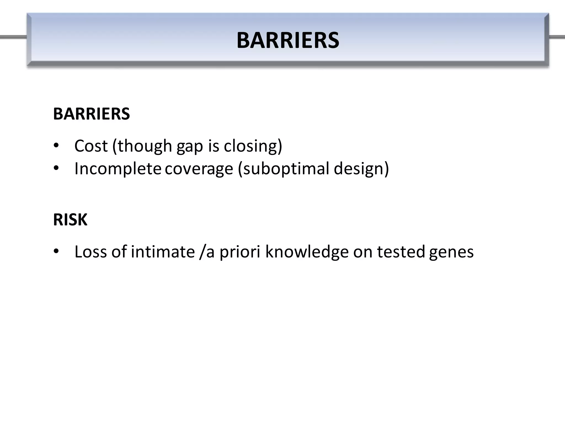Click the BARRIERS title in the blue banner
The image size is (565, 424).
[x=288, y=40]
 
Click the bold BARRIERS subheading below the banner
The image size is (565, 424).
[x=91, y=114]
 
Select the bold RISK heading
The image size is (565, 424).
[x=70, y=220]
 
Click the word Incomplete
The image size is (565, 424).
[x=118, y=169]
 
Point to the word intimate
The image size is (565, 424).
[x=163, y=252]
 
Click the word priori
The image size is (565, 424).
[x=240, y=252]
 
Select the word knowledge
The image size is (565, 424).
[x=307, y=252]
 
